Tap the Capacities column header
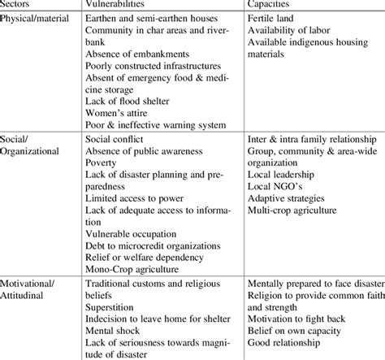(x=273, y=4)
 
